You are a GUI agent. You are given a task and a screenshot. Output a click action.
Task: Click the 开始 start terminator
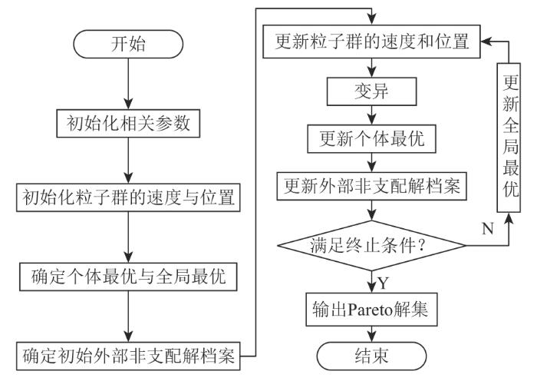[x=128, y=45]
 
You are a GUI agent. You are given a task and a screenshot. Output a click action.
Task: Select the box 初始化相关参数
[x=128, y=124]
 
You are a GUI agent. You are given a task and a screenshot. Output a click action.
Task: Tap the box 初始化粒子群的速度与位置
[x=128, y=197]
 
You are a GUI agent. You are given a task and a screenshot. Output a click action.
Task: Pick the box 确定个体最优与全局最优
[x=128, y=277]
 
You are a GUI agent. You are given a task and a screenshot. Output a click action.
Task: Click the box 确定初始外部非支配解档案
[x=128, y=356]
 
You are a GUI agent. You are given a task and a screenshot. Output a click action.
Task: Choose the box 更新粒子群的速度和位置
[x=371, y=41]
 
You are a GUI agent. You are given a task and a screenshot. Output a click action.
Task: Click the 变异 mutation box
[x=371, y=91]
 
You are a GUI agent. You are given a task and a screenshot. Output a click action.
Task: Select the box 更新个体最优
[x=371, y=138]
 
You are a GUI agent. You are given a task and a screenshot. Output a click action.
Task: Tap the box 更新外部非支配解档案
[x=371, y=186]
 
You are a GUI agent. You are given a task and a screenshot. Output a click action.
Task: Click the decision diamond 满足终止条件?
[x=371, y=246]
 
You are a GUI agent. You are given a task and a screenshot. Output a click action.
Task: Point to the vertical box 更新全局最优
[x=509, y=138]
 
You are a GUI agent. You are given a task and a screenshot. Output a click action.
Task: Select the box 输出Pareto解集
[x=371, y=310]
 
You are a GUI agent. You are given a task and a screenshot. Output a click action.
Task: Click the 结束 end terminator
[x=371, y=356]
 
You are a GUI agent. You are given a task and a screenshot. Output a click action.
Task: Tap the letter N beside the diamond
[x=488, y=228]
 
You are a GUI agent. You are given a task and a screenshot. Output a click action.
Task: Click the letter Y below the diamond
[x=384, y=283]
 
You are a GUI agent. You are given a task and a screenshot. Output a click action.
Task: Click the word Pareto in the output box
[x=371, y=310]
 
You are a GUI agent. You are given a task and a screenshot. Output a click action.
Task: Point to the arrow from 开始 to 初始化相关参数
[x=128, y=84]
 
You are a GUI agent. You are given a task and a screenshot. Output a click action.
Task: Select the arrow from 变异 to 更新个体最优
[x=371, y=115]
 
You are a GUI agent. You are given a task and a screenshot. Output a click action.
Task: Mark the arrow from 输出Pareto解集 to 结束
[x=371, y=334]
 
